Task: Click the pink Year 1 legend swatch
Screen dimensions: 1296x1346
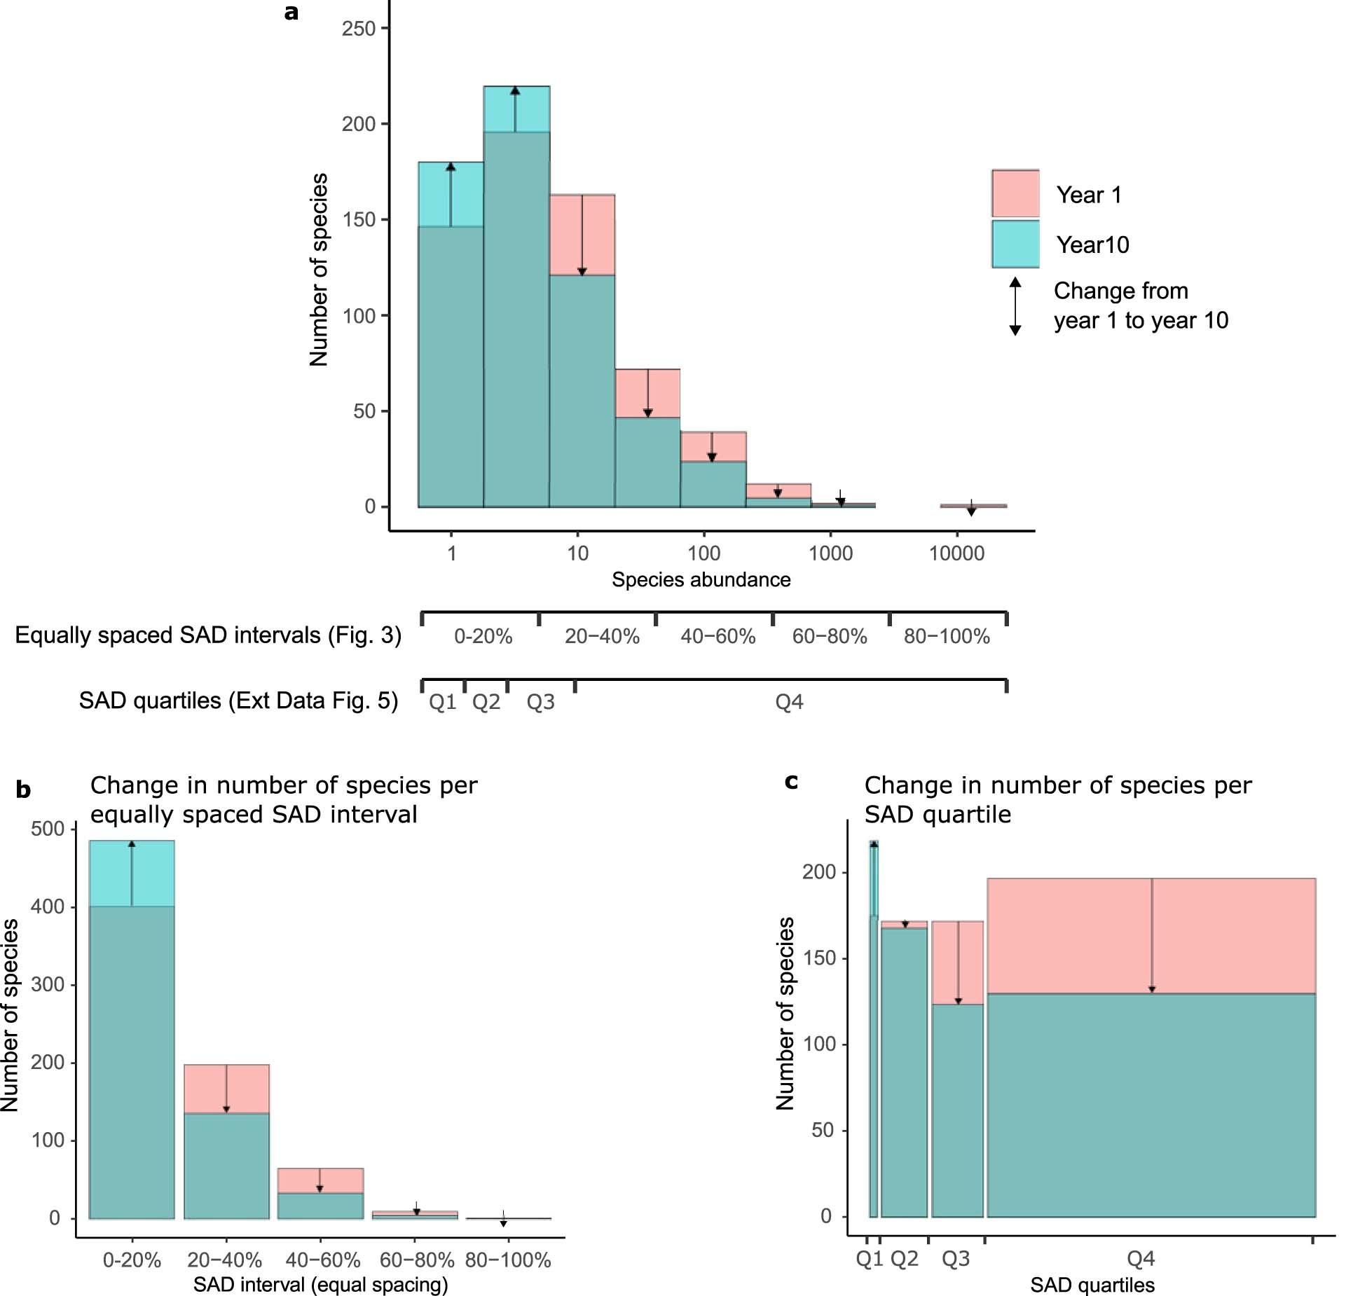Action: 1015,193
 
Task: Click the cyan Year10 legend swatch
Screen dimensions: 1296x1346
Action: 1015,244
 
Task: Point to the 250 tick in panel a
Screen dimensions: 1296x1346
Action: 359,29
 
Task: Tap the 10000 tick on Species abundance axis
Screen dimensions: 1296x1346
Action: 956,553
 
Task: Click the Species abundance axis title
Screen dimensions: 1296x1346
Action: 701,580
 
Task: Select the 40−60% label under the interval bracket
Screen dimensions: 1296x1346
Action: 717,637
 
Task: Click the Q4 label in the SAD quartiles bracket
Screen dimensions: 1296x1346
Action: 789,702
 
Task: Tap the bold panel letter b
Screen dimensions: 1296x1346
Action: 23,790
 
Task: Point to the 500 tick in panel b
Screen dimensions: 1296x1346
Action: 48,829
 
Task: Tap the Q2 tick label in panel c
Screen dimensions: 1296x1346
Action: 904,1260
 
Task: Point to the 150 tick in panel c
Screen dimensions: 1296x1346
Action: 819,958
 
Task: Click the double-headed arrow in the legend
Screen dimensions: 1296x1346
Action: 1015,306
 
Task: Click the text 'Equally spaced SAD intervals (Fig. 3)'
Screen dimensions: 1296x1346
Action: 208,635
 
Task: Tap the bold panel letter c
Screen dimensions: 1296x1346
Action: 791,781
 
